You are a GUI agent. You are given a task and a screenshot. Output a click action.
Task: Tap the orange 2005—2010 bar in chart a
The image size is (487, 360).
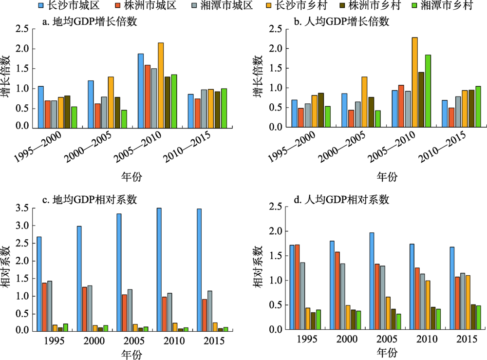[x=161, y=85]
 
